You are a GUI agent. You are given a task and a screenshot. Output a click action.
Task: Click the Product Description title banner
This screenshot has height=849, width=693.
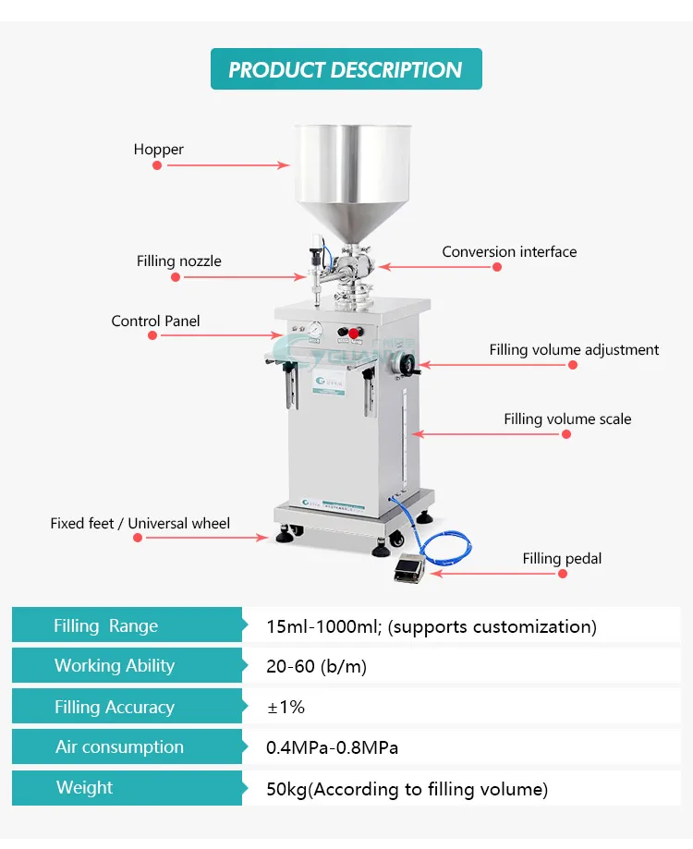click(x=346, y=69)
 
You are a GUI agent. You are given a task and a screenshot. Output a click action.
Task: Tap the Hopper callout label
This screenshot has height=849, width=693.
click(x=158, y=150)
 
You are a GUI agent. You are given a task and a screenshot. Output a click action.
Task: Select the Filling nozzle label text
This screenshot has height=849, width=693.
click(x=179, y=261)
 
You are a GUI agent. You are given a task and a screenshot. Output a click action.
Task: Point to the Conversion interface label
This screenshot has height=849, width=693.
click(x=509, y=251)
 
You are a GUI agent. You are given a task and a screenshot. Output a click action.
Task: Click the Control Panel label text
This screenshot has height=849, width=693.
click(x=155, y=321)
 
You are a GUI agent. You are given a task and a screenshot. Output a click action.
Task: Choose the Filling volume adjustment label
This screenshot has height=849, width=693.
click(x=574, y=350)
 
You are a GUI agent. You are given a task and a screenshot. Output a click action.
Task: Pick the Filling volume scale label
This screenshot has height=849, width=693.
click(x=567, y=419)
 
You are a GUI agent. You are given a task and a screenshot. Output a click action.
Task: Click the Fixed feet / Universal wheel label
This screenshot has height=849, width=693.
click(x=140, y=524)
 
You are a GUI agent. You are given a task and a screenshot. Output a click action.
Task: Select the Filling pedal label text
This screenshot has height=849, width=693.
click(x=562, y=558)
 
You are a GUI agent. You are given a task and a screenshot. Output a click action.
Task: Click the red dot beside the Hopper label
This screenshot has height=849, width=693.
click(x=157, y=165)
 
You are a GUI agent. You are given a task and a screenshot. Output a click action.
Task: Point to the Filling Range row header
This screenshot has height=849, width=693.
click(x=105, y=626)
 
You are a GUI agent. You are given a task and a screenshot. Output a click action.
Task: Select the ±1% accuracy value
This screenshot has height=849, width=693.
click(x=286, y=708)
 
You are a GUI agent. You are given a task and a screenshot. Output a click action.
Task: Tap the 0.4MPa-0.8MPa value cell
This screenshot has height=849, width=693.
click(x=332, y=747)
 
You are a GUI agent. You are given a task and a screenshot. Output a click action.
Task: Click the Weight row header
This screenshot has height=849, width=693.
click(x=84, y=788)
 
